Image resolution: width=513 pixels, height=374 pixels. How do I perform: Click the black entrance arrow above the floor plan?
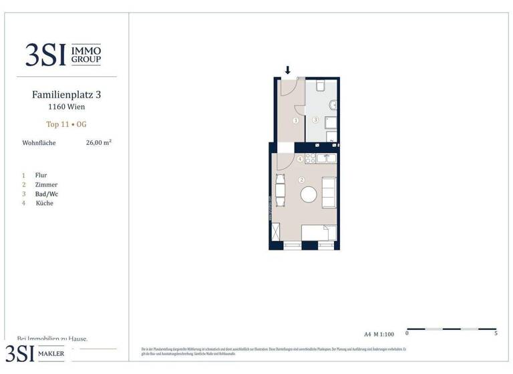pos(288,70)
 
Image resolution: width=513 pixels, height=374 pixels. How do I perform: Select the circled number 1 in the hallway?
pos(295,120)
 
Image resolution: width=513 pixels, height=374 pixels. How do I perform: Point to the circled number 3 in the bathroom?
pos(315,120)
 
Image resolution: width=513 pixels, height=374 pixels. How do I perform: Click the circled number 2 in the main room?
pos(302,180)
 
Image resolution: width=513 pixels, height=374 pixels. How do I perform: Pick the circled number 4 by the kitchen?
pos(300,159)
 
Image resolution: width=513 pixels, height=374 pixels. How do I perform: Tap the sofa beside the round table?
pos(329,192)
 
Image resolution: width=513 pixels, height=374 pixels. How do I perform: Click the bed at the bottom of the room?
pos(319,233)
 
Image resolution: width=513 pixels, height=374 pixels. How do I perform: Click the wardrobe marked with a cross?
pos(276,235)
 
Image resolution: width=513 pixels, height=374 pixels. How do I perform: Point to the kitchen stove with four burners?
pos(310,158)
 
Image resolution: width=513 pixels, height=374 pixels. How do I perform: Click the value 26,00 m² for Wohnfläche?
pos(98,142)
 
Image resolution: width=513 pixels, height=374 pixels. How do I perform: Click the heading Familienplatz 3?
pos(66,95)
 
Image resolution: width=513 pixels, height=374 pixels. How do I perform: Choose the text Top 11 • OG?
pos(66,124)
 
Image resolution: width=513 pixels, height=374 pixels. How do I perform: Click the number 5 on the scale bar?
pos(496,333)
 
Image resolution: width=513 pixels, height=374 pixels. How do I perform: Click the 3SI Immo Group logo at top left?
pos(63,54)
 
